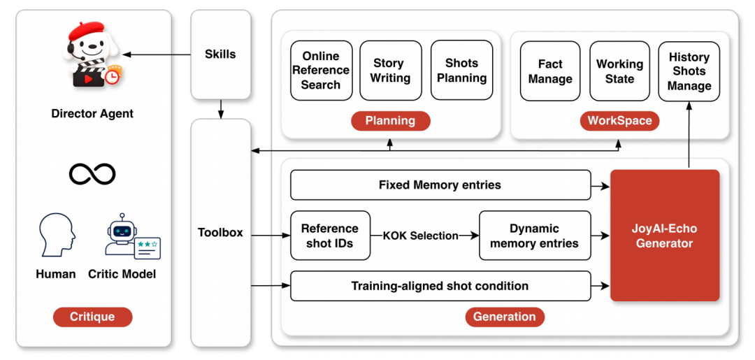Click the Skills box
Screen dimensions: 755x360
tap(220, 55)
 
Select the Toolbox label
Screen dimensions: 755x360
tap(220, 233)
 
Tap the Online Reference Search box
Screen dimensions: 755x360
tap(321, 71)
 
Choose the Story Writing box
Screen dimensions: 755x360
tap(391, 71)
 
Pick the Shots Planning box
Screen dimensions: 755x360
tap(462, 71)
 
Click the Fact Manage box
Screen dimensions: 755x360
tap(551, 71)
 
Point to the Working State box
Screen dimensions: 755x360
tap(619, 71)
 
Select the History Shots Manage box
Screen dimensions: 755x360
tap(689, 71)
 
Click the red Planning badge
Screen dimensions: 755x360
tap(390, 120)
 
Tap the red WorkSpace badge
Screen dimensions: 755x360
tap(619, 120)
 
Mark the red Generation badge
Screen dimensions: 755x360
tap(504, 317)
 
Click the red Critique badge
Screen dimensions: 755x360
tap(92, 317)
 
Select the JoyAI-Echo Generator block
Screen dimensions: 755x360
tap(665, 236)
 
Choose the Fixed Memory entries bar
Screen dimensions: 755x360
tap(440, 185)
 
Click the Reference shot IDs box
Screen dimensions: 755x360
tap(330, 236)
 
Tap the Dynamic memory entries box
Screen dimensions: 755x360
tap(535, 236)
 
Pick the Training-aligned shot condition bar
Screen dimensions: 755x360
tap(440, 286)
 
